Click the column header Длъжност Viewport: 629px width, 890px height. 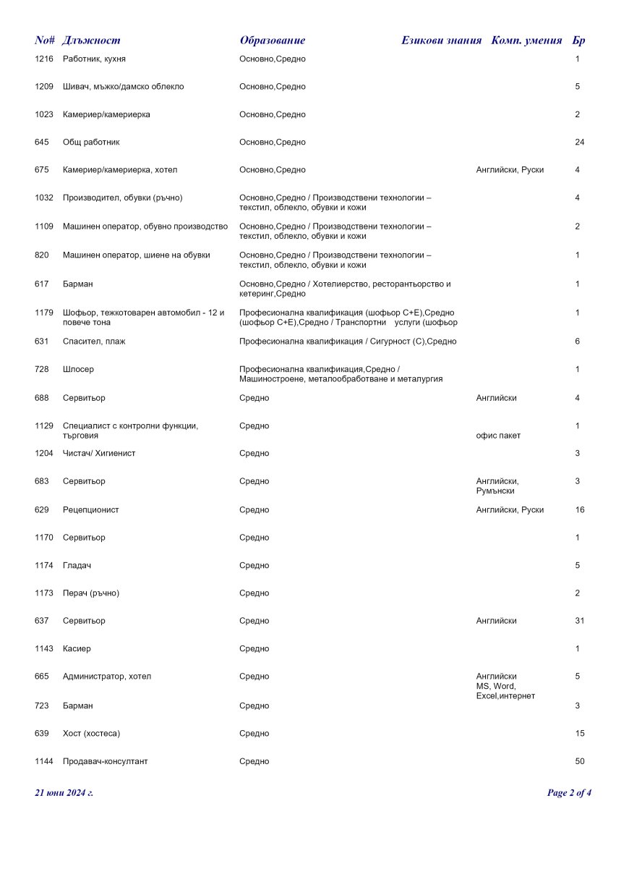[x=91, y=41]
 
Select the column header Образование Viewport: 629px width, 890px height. [x=272, y=41]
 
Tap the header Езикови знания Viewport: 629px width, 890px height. [x=441, y=41]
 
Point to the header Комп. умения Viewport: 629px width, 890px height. [x=526, y=41]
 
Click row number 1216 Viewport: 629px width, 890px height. [x=43, y=59]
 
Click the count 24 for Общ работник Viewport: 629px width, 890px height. [x=579, y=143]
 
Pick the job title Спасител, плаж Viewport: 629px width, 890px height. [x=94, y=342]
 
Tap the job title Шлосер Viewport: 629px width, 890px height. [x=78, y=370]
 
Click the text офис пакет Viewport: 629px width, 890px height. [x=498, y=436]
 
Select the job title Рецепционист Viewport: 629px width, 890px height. [x=90, y=510]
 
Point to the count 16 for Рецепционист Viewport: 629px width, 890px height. [x=579, y=510]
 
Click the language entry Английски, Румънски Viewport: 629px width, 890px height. [x=497, y=486]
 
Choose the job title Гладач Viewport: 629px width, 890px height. [x=77, y=566]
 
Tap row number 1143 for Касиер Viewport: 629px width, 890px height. [x=43, y=649]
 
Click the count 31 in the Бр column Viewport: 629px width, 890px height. [x=579, y=622]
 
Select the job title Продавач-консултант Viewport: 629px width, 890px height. [x=105, y=762]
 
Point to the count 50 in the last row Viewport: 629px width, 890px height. [x=579, y=762]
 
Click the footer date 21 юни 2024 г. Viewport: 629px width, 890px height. [x=64, y=793]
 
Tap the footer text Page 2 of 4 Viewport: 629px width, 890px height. [x=569, y=793]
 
